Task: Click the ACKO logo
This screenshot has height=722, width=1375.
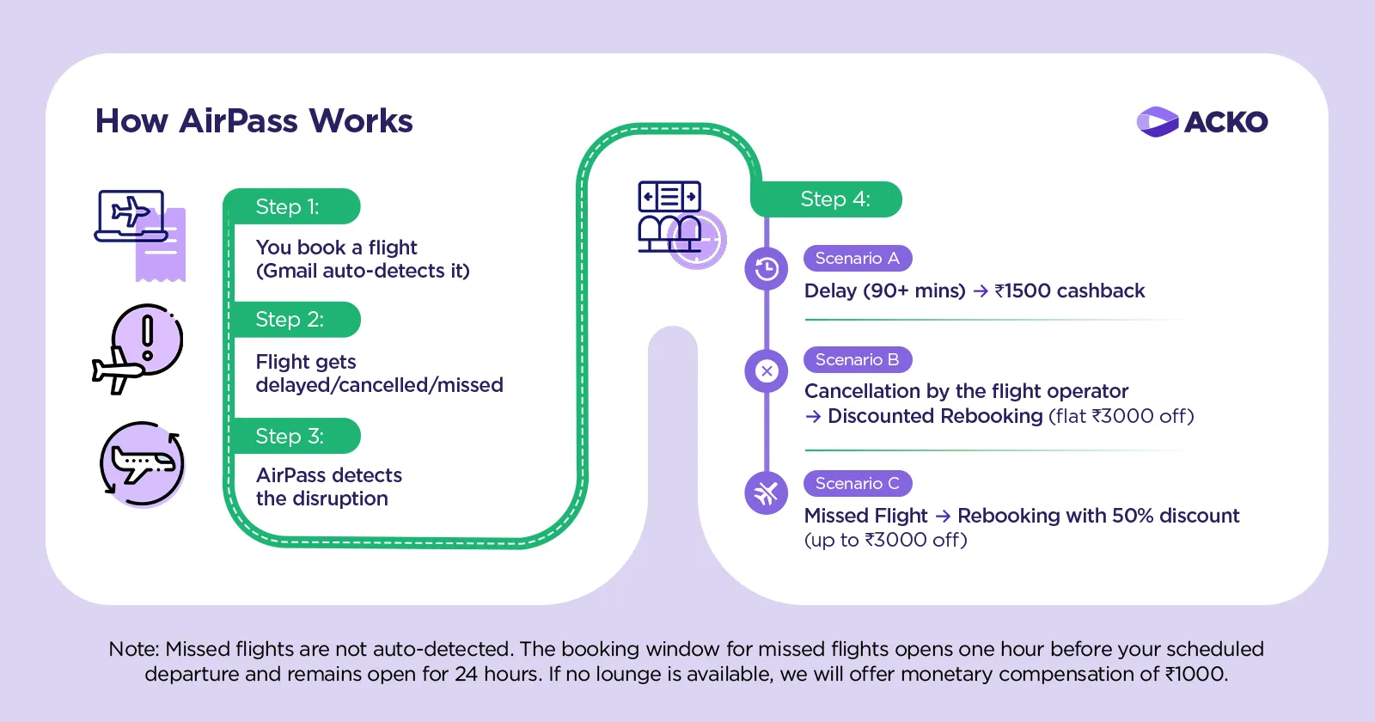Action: pos(1201,122)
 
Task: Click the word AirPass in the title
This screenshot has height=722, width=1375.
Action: pos(239,121)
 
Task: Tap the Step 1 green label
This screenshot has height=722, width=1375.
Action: pos(290,206)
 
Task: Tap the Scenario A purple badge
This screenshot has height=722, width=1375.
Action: pos(857,258)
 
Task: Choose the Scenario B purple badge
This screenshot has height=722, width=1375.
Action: pos(857,359)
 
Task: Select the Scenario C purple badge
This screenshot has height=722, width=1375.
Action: pos(857,483)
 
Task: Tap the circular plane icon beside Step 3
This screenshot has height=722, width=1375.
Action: pos(143,463)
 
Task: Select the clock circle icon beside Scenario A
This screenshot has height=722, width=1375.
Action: pos(767,269)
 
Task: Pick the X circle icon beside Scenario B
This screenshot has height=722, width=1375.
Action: pos(767,370)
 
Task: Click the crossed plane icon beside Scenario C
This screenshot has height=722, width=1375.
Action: pos(767,493)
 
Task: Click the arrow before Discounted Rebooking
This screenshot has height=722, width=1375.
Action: pos(813,417)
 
